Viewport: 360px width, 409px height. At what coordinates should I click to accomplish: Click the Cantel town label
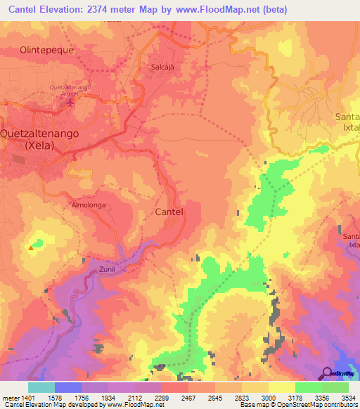pyautogui.click(x=169, y=212)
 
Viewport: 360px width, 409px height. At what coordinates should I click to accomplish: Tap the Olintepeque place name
pyautogui.click(x=47, y=51)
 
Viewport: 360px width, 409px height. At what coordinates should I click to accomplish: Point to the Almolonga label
pyautogui.click(x=89, y=205)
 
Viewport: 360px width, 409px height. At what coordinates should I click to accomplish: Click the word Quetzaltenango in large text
pyautogui.click(x=39, y=133)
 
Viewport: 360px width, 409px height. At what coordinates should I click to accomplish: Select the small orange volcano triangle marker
pyautogui.click(x=30, y=247)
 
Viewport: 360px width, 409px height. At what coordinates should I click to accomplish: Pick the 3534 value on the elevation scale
pyautogui.click(x=349, y=397)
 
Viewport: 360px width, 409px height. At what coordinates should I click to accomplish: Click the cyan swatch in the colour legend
pyautogui.click(x=41, y=387)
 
